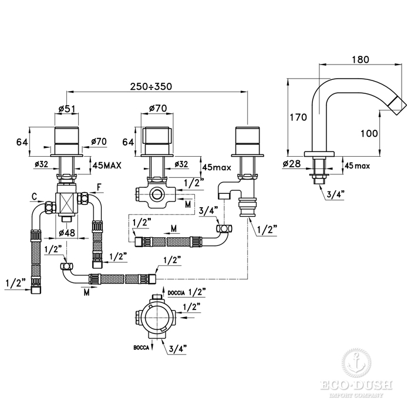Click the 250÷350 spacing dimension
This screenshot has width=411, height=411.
point(151,86)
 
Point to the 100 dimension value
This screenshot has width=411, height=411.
point(369,133)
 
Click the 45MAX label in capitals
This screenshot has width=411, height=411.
point(107,166)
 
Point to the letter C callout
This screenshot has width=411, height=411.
point(35,196)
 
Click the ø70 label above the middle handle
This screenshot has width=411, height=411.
point(156,108)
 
